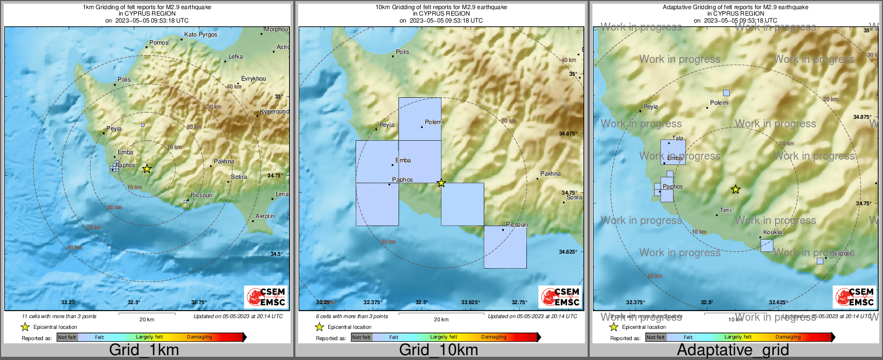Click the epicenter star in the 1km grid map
[147, 169]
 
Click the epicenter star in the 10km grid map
[441, 183]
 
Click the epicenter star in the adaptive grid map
[736, 190]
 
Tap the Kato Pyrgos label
[200, 34]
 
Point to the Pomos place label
[158, 42]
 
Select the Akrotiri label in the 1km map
[265, 216]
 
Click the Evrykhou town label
[254, 78]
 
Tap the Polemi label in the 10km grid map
[434, 122]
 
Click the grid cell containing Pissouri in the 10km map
[505, 247]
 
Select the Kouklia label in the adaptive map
[773, 232]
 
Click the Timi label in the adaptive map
[726, 210]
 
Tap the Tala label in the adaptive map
[678, 138]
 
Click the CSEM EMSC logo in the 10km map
[560, 297]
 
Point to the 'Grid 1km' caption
[144, 350]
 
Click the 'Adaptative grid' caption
[733, 350]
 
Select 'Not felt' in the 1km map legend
[67, 337]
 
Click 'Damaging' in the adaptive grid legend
[788, 337]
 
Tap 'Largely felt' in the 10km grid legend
[444, 337]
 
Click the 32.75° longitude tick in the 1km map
[199, 302]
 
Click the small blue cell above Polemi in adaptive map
[726, 93]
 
